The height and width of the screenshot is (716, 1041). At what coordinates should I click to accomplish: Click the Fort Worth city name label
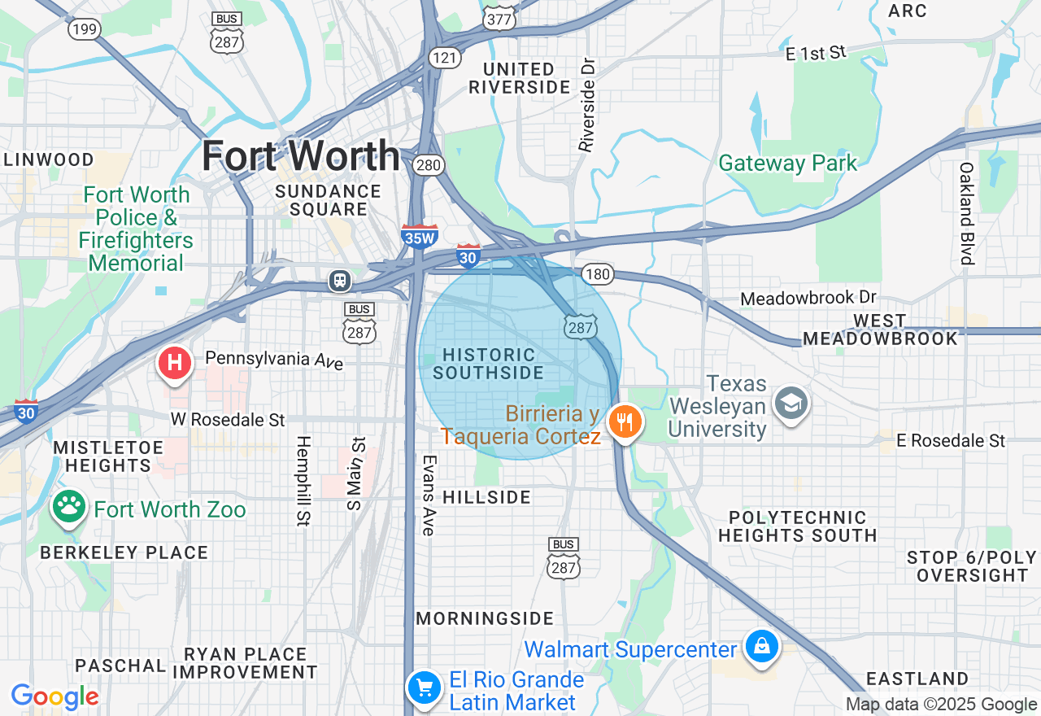pyautogui.click(x=301, y=155)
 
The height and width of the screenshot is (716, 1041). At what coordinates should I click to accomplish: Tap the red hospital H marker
pyautogui.click(x=174, y=362)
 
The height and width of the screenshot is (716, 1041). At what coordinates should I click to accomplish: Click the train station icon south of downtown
pyautogui.click(x=339, y=281)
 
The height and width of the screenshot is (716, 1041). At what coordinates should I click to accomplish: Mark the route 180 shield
pyautogui.click(x=598, y=274)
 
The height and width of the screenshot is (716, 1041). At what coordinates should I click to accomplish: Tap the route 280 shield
pyautogui.click(x=428, y=166)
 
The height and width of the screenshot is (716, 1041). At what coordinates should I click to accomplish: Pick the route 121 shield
pyautogui.click(x=446, y=58)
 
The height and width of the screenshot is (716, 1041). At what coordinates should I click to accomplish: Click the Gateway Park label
pyautogui.click(x=787, y=163)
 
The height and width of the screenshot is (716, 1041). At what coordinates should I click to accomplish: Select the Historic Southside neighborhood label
pyautogui.click(x=489, y=364)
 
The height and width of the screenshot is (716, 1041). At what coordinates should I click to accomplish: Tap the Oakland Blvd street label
pyautogui.click(x=966, y=214)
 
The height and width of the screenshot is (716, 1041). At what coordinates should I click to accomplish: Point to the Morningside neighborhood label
pyautogui.click(x=485, y=618)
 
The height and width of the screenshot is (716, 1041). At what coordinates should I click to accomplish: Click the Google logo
pyautogui.click(x=55, y=696)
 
